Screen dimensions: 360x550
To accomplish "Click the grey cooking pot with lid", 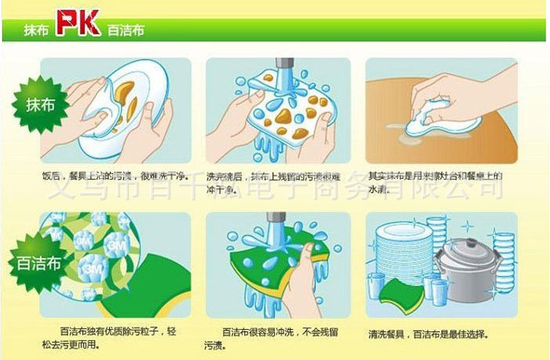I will (462, 268).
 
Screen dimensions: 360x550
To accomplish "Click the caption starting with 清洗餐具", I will (428, 334).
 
